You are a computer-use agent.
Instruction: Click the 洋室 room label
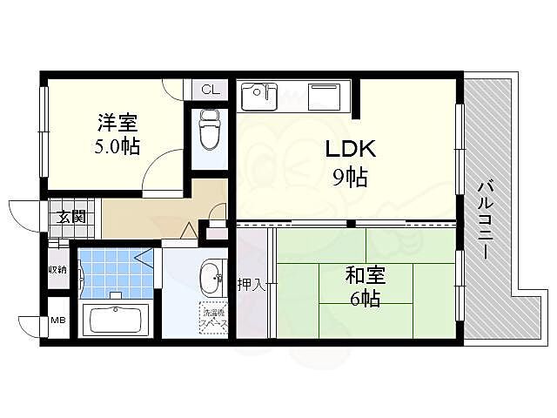point(116,124)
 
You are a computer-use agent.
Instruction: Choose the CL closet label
point(210,89)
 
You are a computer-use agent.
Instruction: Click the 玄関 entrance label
point(71,217)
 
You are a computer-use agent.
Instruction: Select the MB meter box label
point(57,321)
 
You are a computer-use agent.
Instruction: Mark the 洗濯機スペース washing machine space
point(212,318)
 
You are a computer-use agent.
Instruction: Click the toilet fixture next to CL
point(209,131)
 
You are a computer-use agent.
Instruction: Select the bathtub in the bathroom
point(115,319)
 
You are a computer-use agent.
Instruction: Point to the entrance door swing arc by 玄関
point(24,212)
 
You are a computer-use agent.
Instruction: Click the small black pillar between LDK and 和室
point(350,225)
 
